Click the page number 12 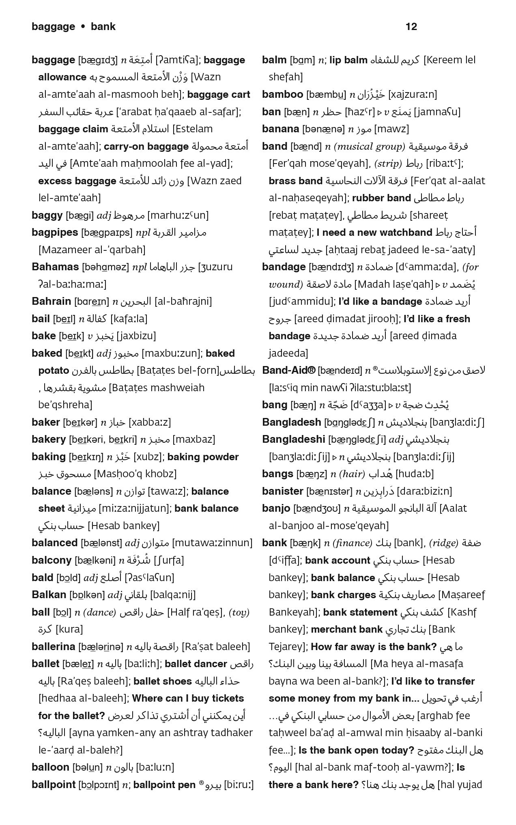(411, 27)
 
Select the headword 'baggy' (47, 215)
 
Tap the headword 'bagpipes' (55, 233)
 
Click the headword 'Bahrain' (51, 302)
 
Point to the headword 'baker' (46, 422)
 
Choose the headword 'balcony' (52, 560)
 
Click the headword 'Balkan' (49, 595)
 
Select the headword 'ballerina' (54, 646)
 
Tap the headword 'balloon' (50, 767)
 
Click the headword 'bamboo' (282, 95)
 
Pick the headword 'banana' (280, 129)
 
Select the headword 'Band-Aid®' (288, 370)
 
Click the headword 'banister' (282, 491)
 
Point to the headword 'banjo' (276, 508)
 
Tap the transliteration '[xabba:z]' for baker (150, 422)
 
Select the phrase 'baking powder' (203, 457)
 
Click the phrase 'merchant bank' (346, 629)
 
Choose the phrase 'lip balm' (348, 60)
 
